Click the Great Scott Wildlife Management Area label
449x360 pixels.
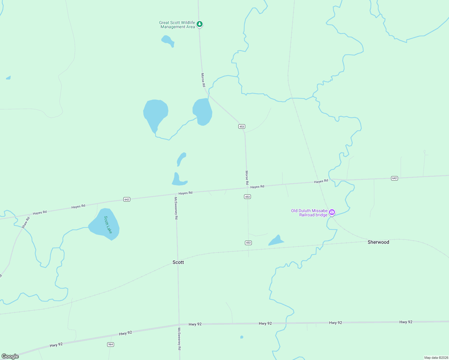coord(177,25)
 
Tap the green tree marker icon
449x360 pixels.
coord(200,24)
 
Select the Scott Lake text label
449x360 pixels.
coord(108,225)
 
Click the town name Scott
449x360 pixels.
coord(178,262)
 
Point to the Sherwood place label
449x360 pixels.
coord(378,242)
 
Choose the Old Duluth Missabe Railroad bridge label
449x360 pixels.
coord(309,213)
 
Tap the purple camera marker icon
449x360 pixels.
coord(332,212)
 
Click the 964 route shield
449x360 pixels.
coord(110,344)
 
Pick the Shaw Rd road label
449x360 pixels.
coord(26,223)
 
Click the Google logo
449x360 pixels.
coord(10,356)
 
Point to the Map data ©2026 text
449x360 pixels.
coord(436,358)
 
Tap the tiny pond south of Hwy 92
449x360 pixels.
coord(242,337)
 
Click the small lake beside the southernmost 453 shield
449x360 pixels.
coord(276,241)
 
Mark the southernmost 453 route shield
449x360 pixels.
coord(248,243)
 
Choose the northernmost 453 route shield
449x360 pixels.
coord(242,127)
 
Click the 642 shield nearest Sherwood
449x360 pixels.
coord(394,178)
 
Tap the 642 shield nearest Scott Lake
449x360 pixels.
coord(127,199)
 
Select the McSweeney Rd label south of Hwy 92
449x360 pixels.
coord(179,339)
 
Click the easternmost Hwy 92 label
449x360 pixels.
coord(406,322)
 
